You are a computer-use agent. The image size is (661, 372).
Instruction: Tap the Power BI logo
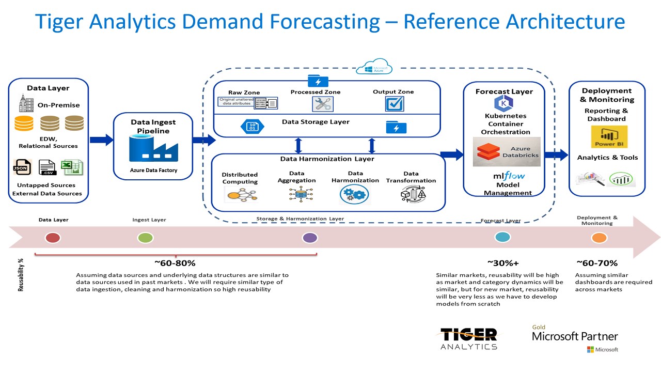(609, 137)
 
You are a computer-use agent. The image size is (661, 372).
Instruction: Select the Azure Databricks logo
(507, 151)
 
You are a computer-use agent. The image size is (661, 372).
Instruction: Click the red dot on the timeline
(53, 238)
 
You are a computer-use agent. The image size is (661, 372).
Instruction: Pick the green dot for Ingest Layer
(146, 238)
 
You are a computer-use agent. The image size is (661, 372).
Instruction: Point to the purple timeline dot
(310, 238)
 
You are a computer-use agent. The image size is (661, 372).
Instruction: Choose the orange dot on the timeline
(599, 238)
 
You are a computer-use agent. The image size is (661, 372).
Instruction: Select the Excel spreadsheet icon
(72, 167)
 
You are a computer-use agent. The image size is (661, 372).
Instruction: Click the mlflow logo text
(509, 176)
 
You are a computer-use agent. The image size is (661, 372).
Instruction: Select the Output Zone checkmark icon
(394, 103)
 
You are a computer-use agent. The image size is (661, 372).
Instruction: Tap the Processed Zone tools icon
(322, 104)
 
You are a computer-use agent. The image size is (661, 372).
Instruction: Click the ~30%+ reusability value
(502, 263)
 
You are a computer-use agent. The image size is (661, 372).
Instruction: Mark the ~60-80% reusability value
(175, 263)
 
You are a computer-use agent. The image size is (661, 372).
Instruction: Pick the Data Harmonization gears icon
(354, 194)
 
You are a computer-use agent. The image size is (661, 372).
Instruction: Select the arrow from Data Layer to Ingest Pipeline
(101, 139)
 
